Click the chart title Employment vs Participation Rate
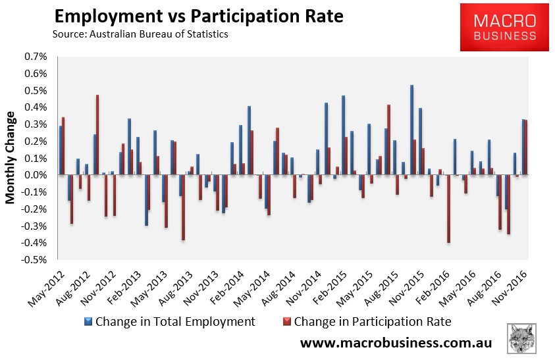click(x=198, y=16)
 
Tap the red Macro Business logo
click(x=504, y=26)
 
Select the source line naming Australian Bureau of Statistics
click(x=140, y=34)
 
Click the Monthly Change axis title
click(x=11, y=158)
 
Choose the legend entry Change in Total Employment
click(x=169, y=322)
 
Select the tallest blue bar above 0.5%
click(x=411, y=130)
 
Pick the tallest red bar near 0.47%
click(x=97, y=135)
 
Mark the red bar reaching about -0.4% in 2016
click(x=448, y=209)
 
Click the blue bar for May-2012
click(x=61, y=151)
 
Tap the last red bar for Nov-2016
click(x=525, y=147)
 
